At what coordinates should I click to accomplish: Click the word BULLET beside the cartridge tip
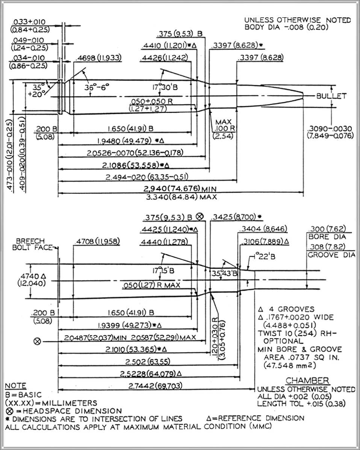331,96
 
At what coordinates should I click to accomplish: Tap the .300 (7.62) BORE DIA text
326,233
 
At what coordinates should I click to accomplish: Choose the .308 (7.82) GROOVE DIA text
331,251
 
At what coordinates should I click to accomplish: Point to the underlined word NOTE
15,386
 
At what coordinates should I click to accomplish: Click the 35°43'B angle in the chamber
225,273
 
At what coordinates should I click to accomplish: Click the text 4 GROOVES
286,310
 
